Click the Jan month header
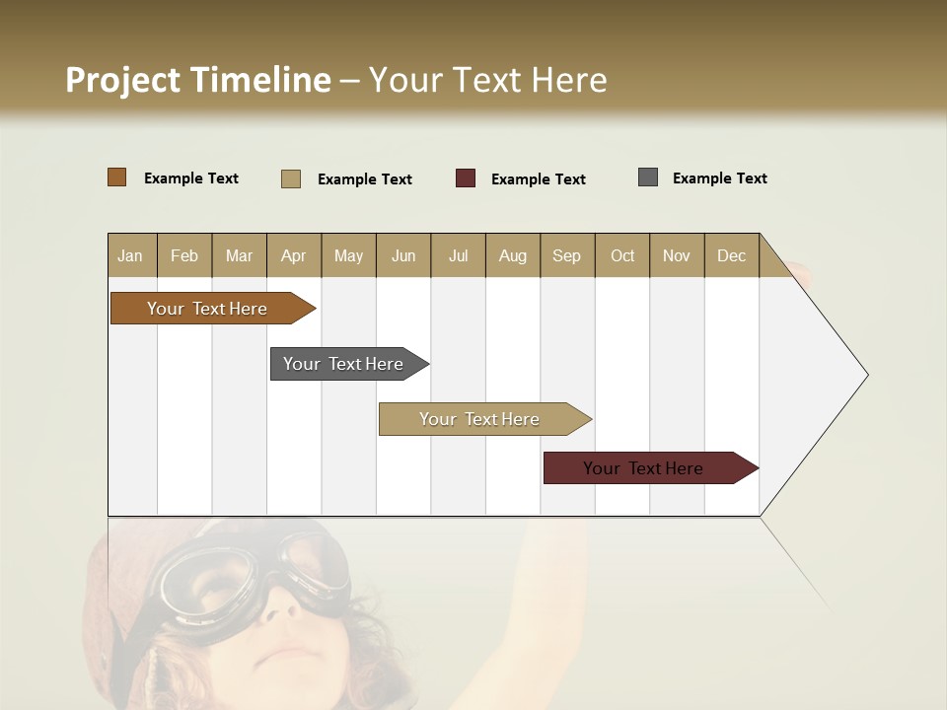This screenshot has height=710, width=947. pos(131,255)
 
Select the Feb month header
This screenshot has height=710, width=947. pos(184,255)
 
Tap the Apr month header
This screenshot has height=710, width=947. pos(294,255)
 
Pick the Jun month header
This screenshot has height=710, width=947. pos(403,255)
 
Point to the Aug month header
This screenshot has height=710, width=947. pos(513,255)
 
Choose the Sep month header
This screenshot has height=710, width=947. pos(567,255)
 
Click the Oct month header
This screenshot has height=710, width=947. pos(622,255)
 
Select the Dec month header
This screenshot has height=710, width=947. pos(732,255)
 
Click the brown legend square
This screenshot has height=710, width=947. pos(117,177)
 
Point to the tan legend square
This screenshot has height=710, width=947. pos(291,178)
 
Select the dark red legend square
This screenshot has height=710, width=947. pos(466,178)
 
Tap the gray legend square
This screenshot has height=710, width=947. pos(648,177)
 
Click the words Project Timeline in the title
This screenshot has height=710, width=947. pos(198,80)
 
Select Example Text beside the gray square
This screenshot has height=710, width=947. pos(720,178)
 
